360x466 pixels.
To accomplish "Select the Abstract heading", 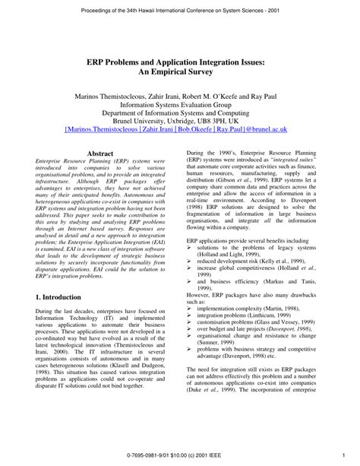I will (x=101, y=153).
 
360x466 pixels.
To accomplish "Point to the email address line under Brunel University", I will (x=179, y=129).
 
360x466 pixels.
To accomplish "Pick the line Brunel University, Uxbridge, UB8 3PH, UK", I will (x=180, y=122).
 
